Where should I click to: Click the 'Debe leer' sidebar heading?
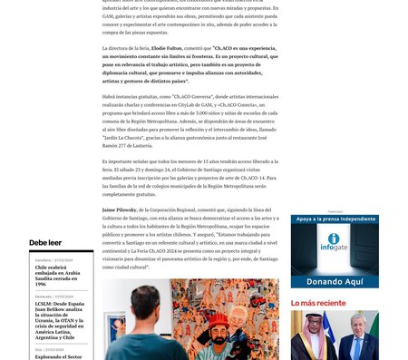pos(45,243)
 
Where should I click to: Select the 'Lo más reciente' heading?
pos(318,302)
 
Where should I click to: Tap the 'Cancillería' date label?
pos(46,260)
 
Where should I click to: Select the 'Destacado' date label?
pos(46,296)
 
